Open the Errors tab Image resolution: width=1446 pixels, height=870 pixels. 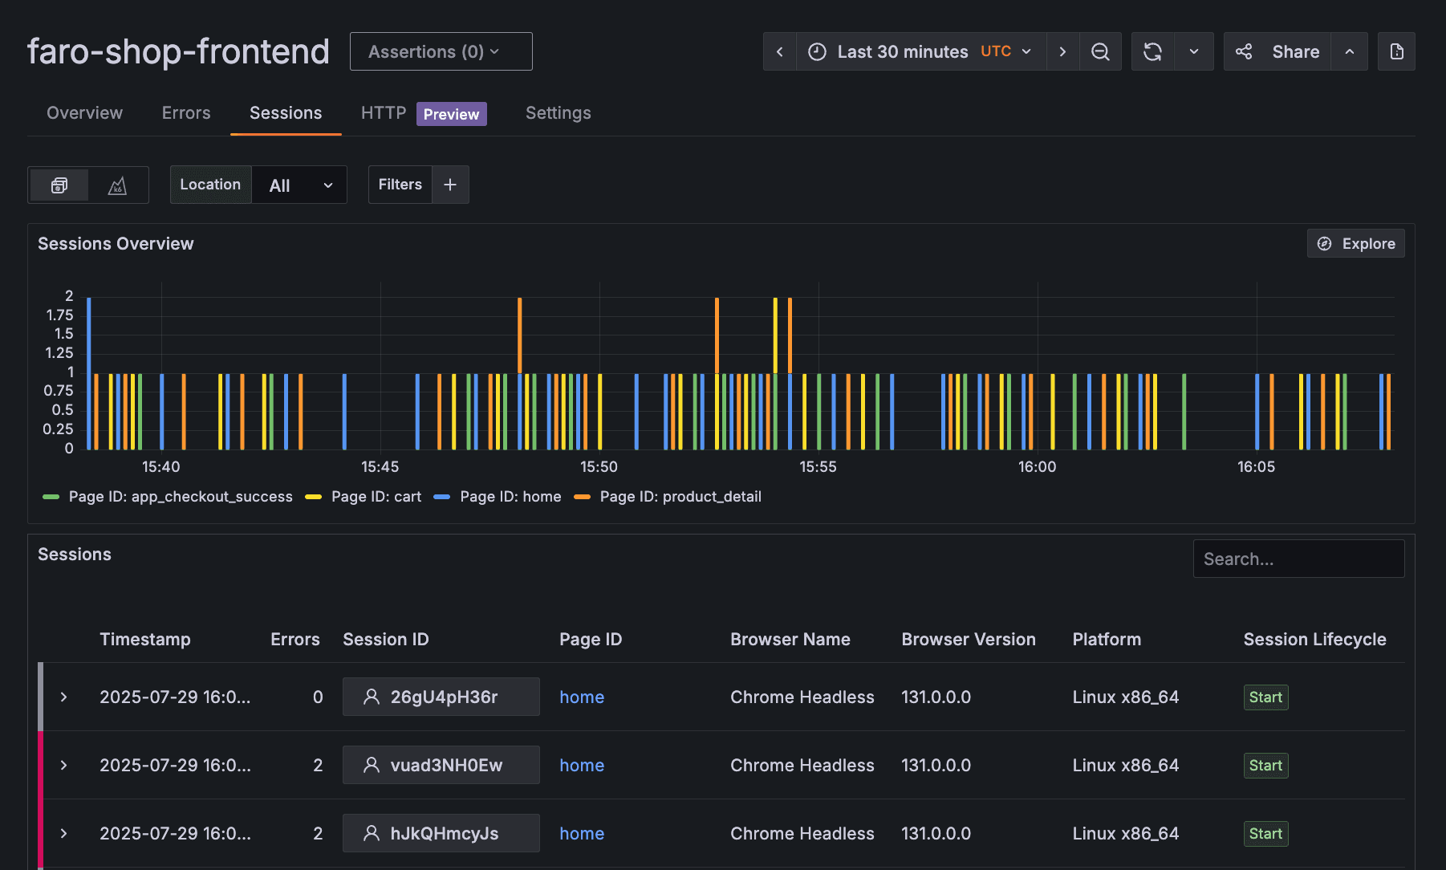point(186,113)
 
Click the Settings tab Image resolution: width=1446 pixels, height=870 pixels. point(558,113)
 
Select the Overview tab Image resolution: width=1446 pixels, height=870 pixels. point(84,113)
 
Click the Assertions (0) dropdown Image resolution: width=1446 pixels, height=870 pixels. point(441,51)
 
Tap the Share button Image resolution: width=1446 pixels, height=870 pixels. point(1277,51)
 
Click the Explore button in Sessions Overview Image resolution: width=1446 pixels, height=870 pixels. point(1355,243)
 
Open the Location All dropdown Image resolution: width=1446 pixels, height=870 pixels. point(299,185)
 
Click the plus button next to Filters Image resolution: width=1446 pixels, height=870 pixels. point(450,185)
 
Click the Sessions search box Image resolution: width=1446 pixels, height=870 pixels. point(1298,559)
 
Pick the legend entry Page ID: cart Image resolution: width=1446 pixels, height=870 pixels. point(376,497)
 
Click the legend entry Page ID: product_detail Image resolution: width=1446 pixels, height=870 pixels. point(680,497)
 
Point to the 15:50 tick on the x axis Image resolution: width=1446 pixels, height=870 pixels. point(599,466)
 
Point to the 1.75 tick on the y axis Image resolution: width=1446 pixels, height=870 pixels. point(59,315)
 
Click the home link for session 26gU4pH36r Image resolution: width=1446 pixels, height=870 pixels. point(582,697)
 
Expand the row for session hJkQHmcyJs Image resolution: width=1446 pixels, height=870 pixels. point(63,833)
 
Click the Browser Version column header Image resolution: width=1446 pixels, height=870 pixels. point(968,640)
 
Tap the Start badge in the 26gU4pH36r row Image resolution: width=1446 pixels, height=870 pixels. point(1265,697)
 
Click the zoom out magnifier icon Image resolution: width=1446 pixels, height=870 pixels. point(1100,51)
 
